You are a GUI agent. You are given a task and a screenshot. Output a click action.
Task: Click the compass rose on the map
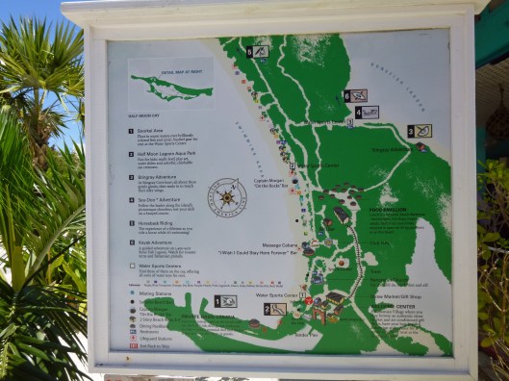point(227,198)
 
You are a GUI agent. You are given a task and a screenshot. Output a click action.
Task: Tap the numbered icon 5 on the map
point(257,52)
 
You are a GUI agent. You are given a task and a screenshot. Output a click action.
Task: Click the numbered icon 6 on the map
point(355,95)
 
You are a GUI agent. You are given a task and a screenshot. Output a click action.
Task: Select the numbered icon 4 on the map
point(367,112)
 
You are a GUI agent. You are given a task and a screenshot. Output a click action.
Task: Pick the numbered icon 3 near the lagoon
point(418,132)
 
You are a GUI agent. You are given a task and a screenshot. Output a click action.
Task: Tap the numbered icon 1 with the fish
point(225,301)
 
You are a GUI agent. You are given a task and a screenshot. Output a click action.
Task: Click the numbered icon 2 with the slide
point(275,309)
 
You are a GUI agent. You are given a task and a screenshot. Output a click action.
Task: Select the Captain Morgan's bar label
point(261,180)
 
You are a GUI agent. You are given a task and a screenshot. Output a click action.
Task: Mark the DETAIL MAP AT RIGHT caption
point(157,71)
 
